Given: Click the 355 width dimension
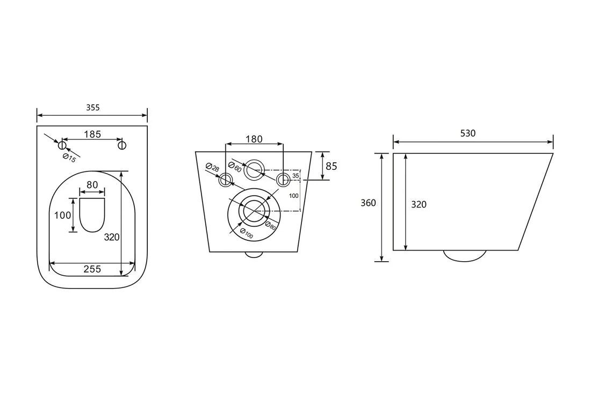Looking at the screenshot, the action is (93, 108).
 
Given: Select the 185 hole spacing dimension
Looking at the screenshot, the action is (92, 134).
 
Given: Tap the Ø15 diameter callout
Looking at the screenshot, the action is (69, 158).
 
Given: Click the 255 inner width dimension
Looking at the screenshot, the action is (92, 269).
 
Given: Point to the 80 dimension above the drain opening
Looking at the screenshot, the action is (92, 185).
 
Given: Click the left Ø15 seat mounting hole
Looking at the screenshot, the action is (62, 145).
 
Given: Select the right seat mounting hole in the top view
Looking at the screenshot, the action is (122, 145).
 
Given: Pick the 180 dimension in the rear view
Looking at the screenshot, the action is (254, 139).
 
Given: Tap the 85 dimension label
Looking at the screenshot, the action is (331, 166).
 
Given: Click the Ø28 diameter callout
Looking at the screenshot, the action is (213, 167).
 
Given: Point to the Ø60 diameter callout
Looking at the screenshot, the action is (235, 166).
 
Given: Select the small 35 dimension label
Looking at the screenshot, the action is (296, 176).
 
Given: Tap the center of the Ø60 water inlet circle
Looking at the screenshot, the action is (254, 170).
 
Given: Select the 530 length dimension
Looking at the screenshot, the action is (468, 133).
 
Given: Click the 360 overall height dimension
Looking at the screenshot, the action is (368, 203).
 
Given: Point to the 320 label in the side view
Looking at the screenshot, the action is (419, 204).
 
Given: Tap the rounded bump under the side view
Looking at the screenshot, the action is (465, 255).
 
